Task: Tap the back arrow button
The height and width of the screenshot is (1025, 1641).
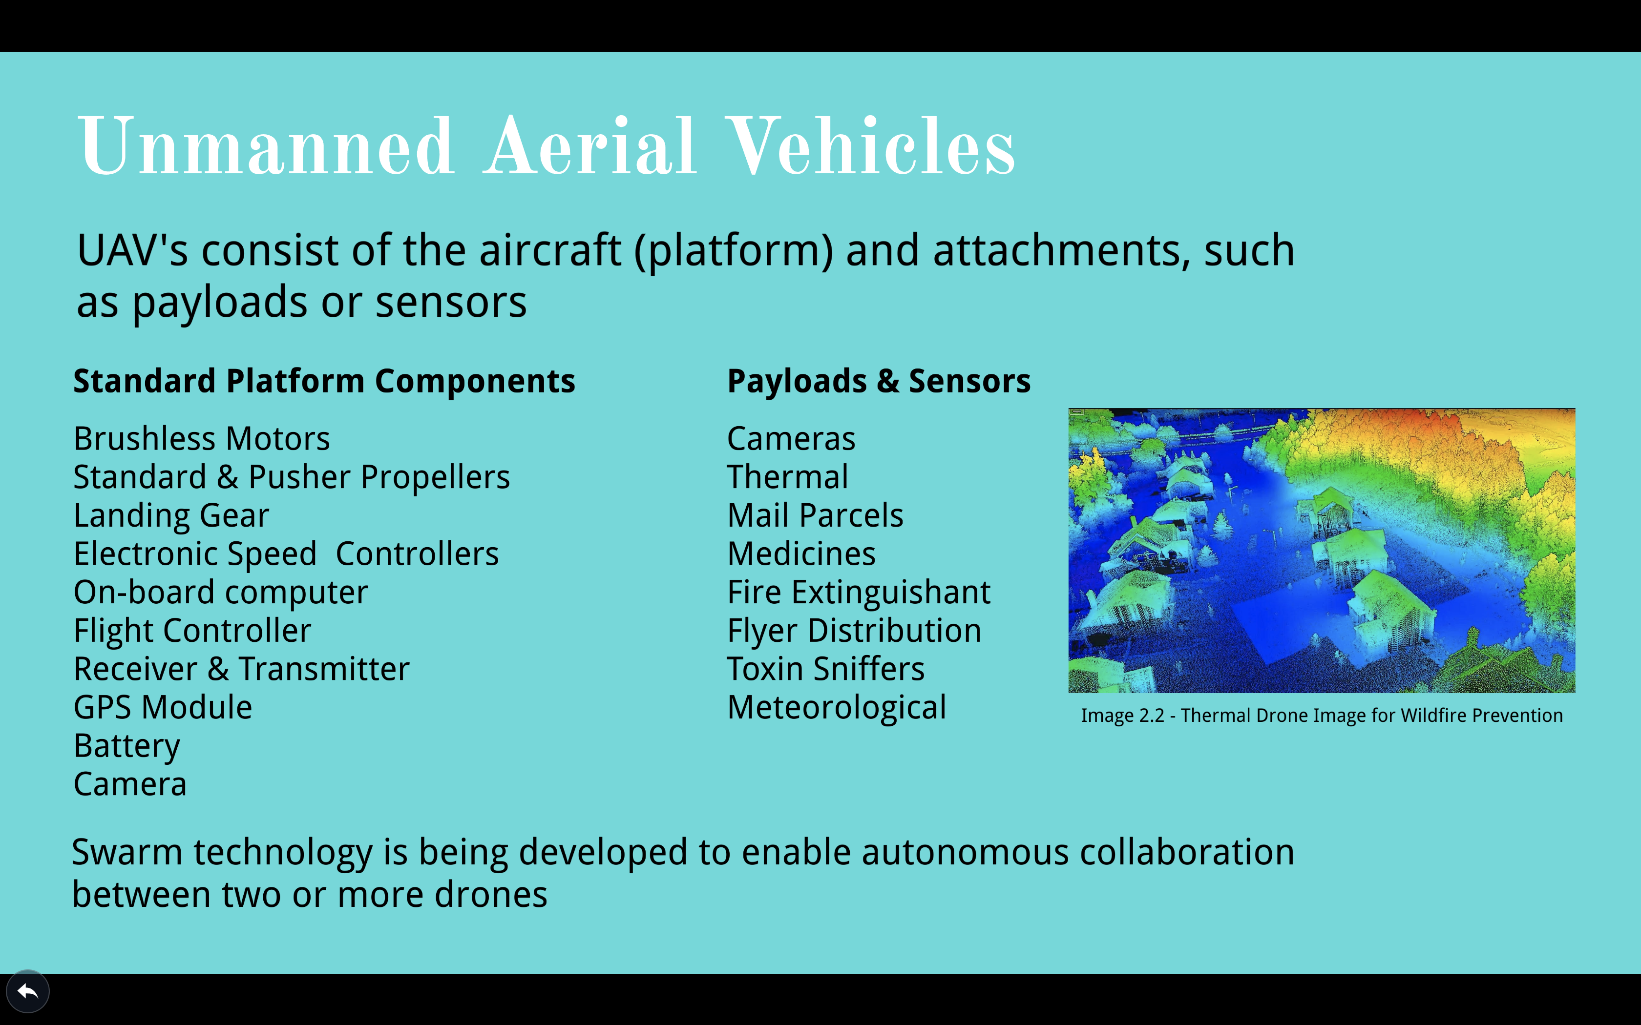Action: pos(27,992)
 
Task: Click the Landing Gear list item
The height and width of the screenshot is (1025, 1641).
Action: pos(171,516)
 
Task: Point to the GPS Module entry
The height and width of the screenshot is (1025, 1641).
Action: pos(163,707)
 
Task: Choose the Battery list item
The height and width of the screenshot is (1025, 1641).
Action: pos(127,746)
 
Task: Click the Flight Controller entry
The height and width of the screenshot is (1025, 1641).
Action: pos(192,631)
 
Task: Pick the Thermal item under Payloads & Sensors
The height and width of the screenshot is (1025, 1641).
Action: pos(788,477)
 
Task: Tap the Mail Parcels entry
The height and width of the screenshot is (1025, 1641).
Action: pos(815,515)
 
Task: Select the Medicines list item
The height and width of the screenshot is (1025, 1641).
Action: pos(801,554)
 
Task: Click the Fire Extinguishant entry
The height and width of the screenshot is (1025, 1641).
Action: pos(859,593)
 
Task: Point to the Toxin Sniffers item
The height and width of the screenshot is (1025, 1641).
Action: pos(826,669)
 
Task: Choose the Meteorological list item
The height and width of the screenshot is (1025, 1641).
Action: pos(837,708)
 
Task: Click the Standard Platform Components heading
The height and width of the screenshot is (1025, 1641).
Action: pos(324,381)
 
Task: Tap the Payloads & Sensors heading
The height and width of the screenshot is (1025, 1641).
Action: pos(879,381)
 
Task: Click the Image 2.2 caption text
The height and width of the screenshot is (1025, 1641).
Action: pos(1322,716)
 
